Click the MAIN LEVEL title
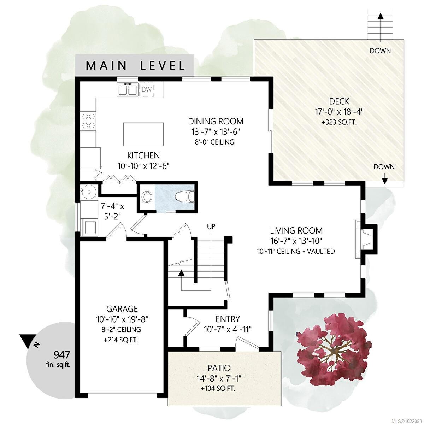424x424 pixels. (x=135, y=65)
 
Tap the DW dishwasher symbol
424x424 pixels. (x=147, y=89)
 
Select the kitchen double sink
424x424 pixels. (x=127, y=89)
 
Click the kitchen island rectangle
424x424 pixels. (x=143, y=134)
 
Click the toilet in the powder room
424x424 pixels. (x=185, y=196)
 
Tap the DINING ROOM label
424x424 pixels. (x=216, y=122)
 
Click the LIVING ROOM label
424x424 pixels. (x=296, y=231)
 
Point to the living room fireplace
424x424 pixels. (x=366, y=239)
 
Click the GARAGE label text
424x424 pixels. (x=122, y=309)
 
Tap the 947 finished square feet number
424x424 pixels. (x=62, y=354)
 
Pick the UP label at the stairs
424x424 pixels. (x=211, y=226)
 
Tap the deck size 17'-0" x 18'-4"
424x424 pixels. (x=339, y=112)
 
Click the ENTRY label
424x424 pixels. (x=228, y=319)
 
